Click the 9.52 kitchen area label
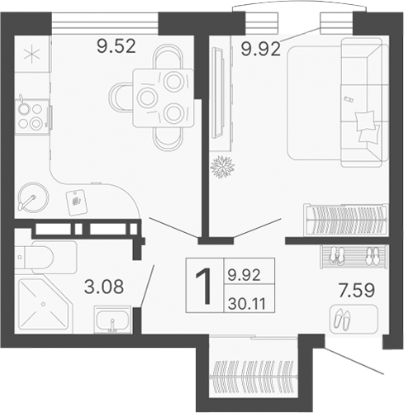(114, 46)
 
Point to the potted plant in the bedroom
(223, 165)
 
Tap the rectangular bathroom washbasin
(113, 318)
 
